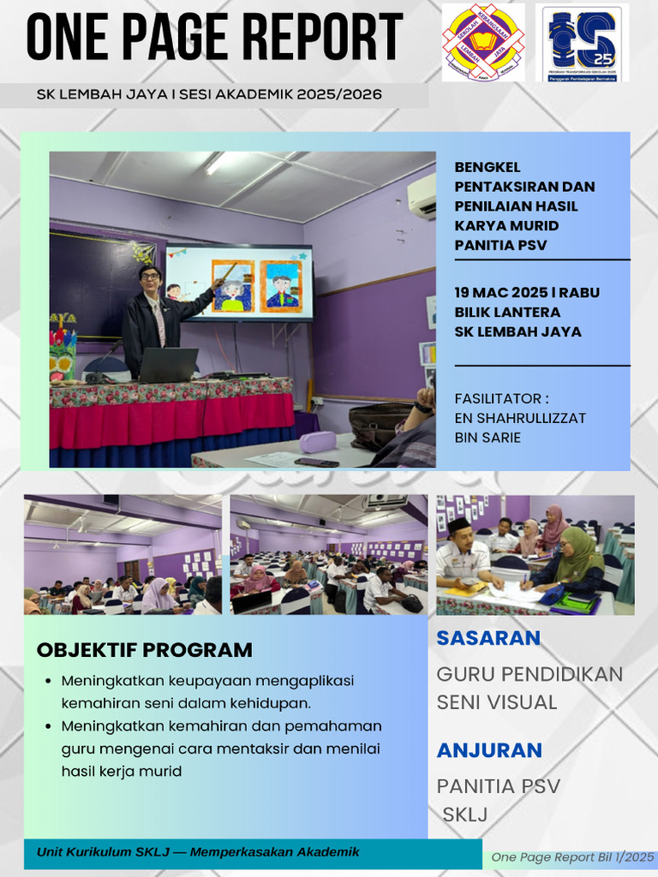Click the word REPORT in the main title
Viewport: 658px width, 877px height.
point(321,39)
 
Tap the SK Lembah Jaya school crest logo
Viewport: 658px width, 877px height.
point(482,42)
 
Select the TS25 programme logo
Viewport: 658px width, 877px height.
point(582,42)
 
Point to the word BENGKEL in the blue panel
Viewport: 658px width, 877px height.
point(488,167)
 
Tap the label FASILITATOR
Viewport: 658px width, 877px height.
point(501,398)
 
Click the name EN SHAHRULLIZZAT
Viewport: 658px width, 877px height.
point(521,418)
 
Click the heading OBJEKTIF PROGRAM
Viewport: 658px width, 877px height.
point(144,650)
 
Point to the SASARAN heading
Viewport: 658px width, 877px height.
point(488,638)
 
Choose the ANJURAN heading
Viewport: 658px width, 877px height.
point(489,751)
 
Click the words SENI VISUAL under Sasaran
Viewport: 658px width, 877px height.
point(497,702)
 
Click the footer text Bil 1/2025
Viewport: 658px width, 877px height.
point(625,857)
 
